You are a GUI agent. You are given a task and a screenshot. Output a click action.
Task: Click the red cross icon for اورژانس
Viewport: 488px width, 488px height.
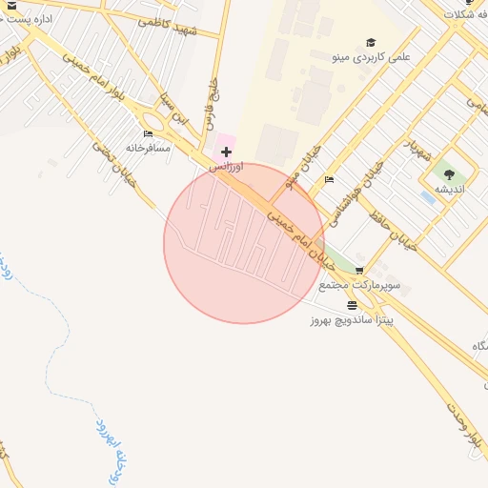coord(226,152)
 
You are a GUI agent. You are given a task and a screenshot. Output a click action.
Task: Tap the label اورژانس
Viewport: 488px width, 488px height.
coord(227,166)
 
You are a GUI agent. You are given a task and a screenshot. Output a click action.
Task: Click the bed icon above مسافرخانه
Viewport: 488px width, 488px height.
coord(148,134)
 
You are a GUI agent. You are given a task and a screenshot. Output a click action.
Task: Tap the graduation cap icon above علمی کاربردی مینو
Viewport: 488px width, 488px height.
coord(371,43)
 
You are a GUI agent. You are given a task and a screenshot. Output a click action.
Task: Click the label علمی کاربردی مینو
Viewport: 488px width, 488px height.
coord(371,57)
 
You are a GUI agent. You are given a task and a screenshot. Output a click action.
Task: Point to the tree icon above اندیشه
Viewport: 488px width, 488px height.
coord(449,173)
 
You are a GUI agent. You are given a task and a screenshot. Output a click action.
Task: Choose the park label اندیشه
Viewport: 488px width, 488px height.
coord(449,189)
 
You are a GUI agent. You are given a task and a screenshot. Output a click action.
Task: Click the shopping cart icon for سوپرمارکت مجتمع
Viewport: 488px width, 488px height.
coord(358,271)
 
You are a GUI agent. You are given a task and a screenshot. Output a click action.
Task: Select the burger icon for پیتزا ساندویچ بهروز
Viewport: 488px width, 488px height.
coord(353,306)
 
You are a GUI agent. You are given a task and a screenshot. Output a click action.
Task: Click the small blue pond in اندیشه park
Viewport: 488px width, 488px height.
coord(427,197)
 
